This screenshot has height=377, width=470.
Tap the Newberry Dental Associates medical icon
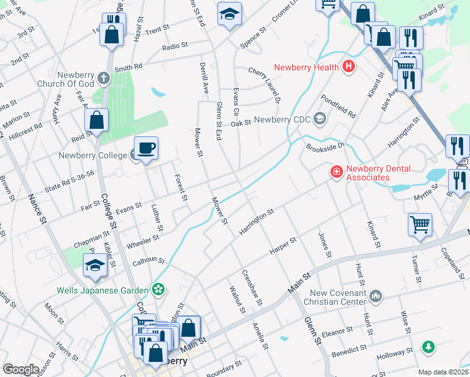(336, 171)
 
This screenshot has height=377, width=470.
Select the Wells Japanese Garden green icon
(159, 290)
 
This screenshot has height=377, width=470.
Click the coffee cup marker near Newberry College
(146, 149)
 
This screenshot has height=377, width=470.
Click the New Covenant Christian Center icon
(376, 295)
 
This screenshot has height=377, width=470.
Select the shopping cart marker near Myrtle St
(420, 224)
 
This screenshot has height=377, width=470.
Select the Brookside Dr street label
(325, 146)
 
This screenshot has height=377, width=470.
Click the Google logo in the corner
(21, 369)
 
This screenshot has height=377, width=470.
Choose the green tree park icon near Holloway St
(429, 346)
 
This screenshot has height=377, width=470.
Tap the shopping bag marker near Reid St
(96, 120)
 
